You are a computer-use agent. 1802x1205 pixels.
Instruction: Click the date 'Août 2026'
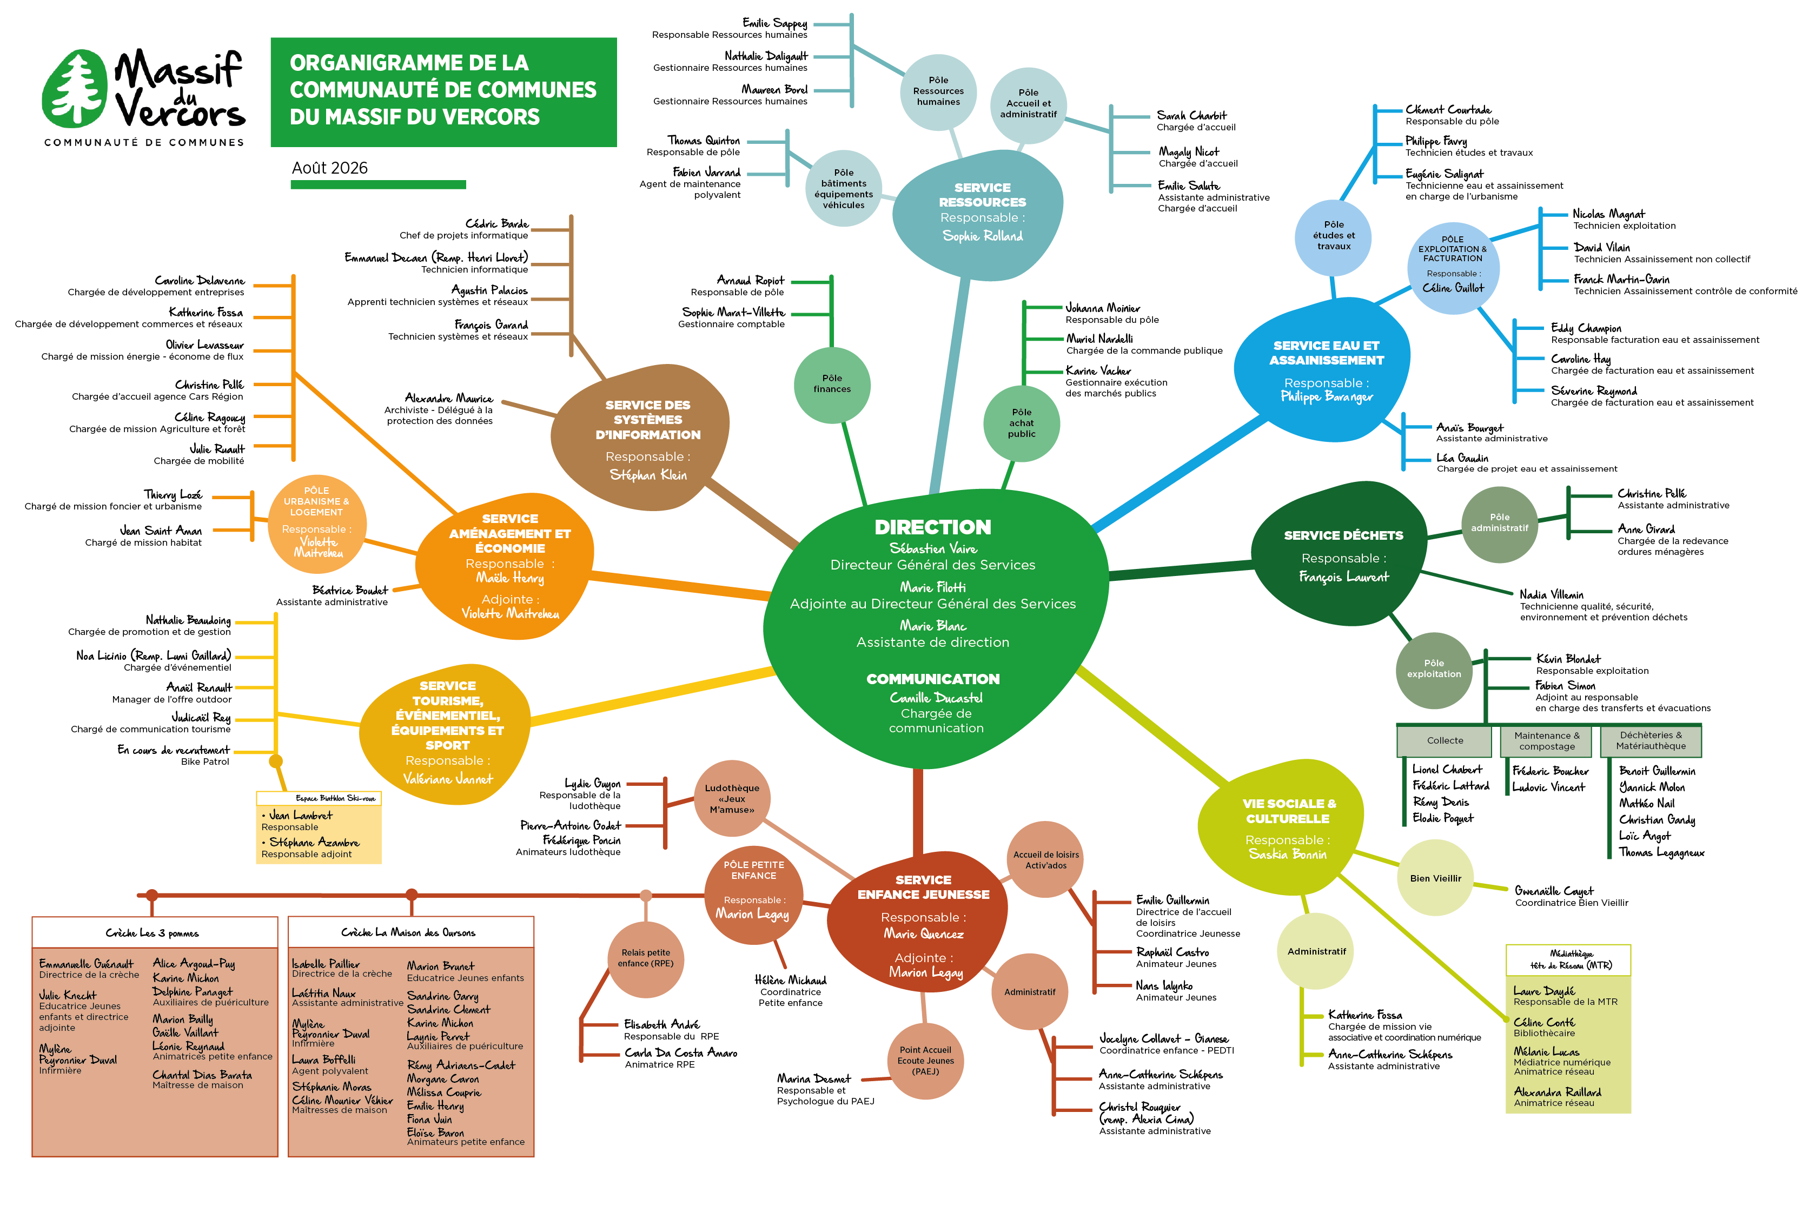click(330, 168)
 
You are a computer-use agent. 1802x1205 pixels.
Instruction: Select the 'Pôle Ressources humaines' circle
click(938, 91)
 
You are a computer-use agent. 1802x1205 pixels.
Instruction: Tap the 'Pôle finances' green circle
click(832, 384)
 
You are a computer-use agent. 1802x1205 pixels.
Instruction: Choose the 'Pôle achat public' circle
click(1021, 423)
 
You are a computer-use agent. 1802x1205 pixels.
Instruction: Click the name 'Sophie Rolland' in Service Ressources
click(983, 236)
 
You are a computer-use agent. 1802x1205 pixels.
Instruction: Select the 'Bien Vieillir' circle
click(1435, 878)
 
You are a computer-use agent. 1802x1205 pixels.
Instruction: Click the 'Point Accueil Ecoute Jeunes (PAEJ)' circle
click(925, 1061)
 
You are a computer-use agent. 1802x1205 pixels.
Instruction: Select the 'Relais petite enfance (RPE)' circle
click(646, 958)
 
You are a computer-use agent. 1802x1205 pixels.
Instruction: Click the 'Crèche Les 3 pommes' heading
click(152, 933)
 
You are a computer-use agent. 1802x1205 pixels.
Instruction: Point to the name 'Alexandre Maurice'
click(449, 398)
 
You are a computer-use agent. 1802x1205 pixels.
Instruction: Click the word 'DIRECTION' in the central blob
click(933, 527)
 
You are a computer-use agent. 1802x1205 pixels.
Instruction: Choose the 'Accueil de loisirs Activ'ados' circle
click(1046, 859)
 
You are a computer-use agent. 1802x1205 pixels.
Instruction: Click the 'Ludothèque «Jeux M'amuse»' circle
click(732, 798)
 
